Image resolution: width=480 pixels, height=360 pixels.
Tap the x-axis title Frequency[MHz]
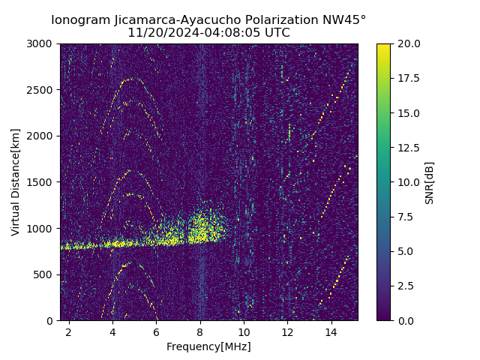[x=208, y=346]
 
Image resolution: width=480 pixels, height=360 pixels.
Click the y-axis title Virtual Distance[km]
[x=16, y=181]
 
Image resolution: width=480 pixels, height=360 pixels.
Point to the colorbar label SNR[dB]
[x=430, y=182]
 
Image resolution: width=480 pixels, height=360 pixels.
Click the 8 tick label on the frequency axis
[x=200, y=331]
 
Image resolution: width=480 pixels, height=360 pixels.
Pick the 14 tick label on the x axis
[x=331, y=331]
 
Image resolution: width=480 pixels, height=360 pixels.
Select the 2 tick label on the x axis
[x=69, y=331]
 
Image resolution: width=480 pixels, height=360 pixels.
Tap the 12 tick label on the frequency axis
[x=287, y=331]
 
